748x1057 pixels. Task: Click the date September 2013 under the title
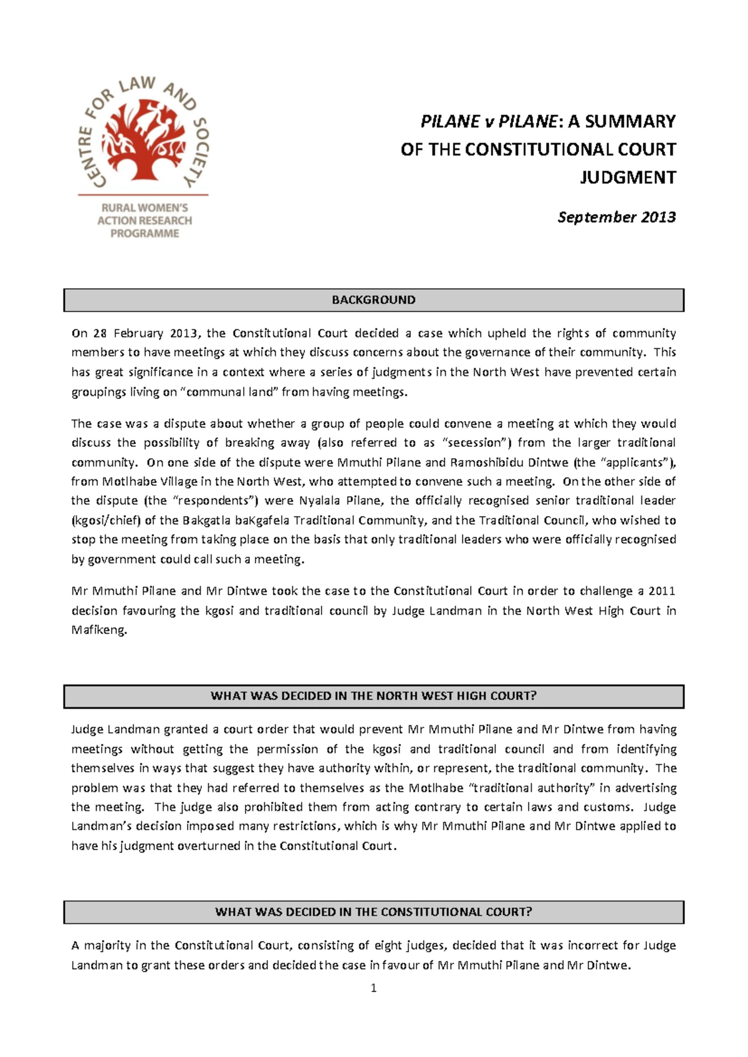point(616,217)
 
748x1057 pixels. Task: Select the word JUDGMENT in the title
point(628,178)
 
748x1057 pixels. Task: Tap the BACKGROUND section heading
point(373,300)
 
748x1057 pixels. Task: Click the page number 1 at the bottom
point(373,988)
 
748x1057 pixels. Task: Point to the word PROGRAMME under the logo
point(145,234)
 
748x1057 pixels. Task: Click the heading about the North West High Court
point(373,696)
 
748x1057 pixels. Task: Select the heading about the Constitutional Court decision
point(373,912)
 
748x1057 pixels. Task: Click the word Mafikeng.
point(99,630)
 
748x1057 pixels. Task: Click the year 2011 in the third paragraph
point(662,591)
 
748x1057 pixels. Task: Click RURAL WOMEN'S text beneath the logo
point(145,208)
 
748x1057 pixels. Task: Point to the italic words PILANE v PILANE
point(488,122)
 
